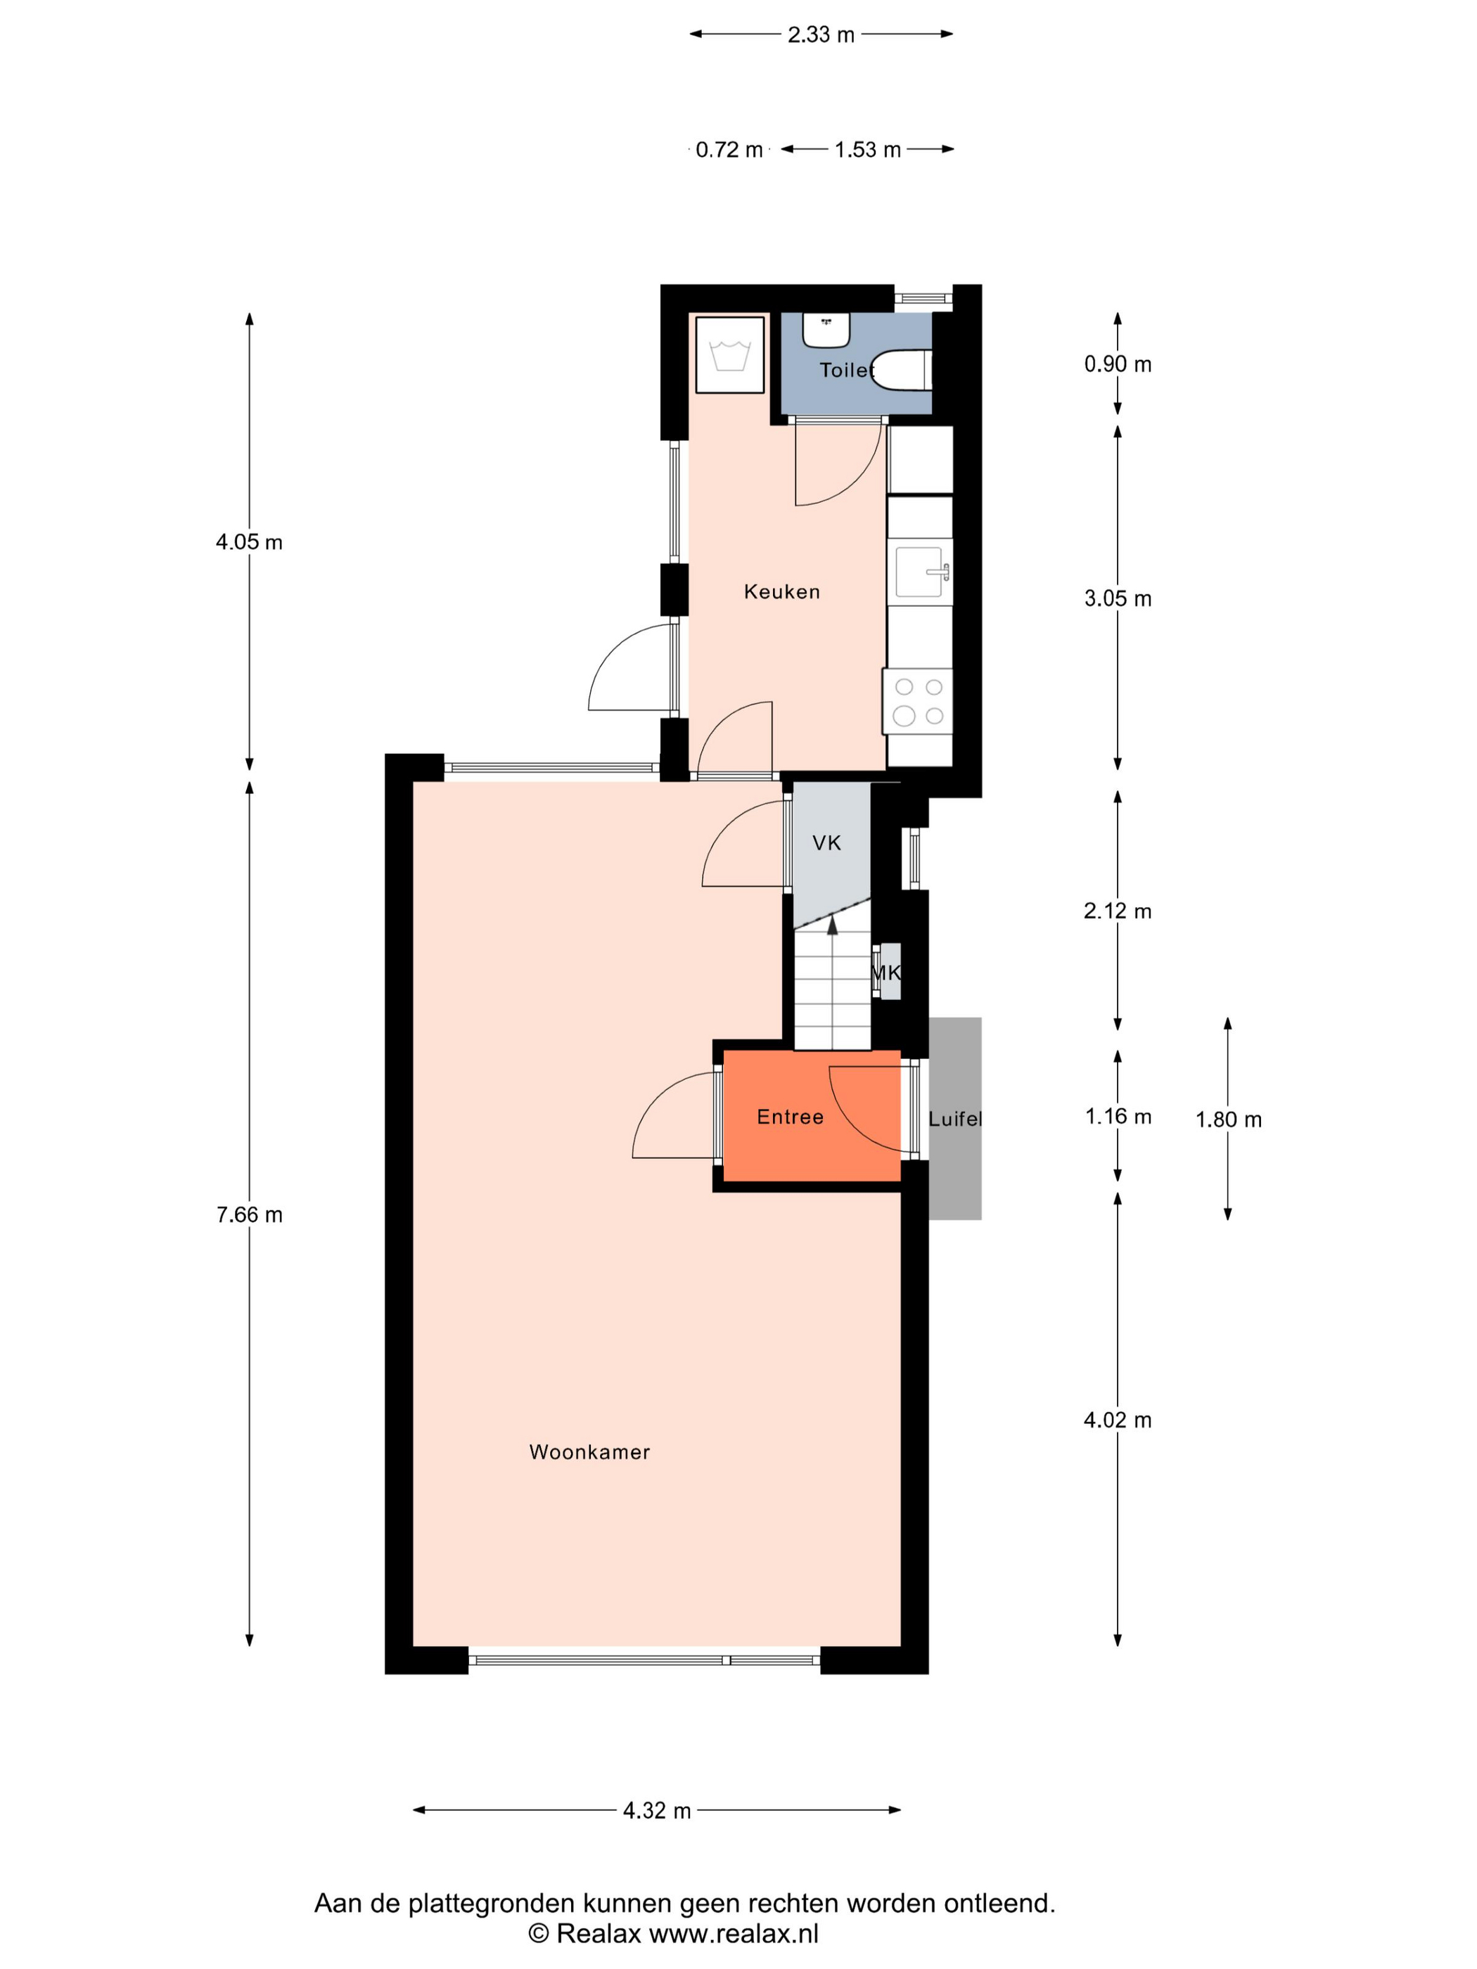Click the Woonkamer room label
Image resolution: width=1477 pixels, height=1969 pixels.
click(x=589, y=1452)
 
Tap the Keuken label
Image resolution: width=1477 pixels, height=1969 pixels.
click(x=781, y=592)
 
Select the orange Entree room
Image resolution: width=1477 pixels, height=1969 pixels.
click(x=811, y=1115)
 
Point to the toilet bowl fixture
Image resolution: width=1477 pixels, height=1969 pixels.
click(x=901, y=371)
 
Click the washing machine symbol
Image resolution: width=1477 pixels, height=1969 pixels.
click(x=729, y=354)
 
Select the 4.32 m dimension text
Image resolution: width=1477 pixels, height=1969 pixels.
click(x=657, y=1811)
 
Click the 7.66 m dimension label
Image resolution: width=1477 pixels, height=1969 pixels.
click(x=249, y=1214)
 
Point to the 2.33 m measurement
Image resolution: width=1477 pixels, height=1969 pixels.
click(x=821, y=34)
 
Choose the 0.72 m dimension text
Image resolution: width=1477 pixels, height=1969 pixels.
click(x=729, y=150)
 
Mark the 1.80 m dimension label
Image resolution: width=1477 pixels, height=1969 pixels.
click(x=1229, y=1119)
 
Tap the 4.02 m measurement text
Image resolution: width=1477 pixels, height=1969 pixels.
click(x=1118, y=1420)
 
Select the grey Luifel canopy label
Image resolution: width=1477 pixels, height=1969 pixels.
click(x=955, y=1119)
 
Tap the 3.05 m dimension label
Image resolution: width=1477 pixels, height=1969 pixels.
click(x=1118, y=598)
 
